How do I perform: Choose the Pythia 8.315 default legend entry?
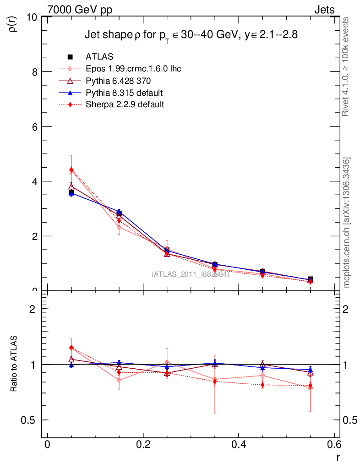click(x=124, y=93)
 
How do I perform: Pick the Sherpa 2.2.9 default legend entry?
click(x=125, y=104)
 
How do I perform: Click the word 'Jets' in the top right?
click(x=324, y=10)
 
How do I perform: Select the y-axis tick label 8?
click(x=34, y=72)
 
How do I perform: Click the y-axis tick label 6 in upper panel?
click(x=34, y=127)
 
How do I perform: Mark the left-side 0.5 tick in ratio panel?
click(x=30, y=420)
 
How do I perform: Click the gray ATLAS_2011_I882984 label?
click(x=191, y=274)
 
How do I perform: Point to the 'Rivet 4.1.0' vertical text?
click(x=346, y=66)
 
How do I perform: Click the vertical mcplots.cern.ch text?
click(x=347, y=222)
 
